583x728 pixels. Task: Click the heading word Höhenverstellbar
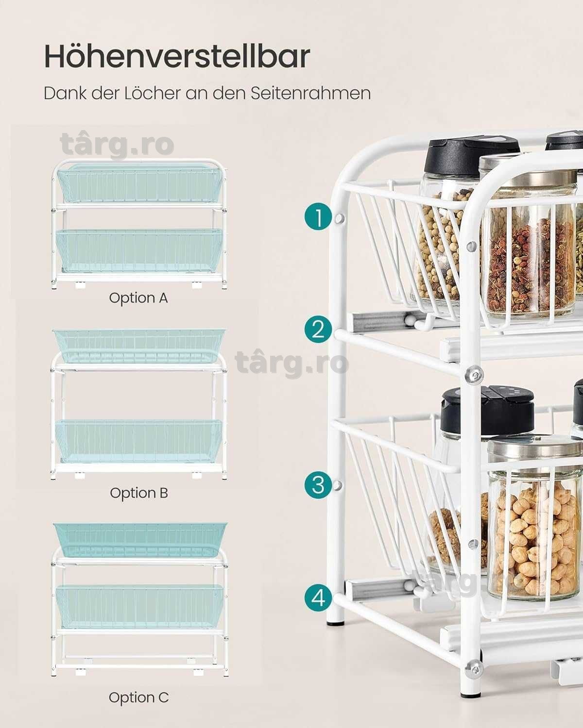[x=177, y=56]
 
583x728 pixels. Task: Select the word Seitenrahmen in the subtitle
[x=310, y=93]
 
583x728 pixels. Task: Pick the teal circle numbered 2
[x=318, y=329]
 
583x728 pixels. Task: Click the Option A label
[x=138, y=298]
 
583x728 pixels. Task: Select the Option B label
[x=139, y=493]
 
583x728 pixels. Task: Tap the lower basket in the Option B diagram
[x=139, y=441]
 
